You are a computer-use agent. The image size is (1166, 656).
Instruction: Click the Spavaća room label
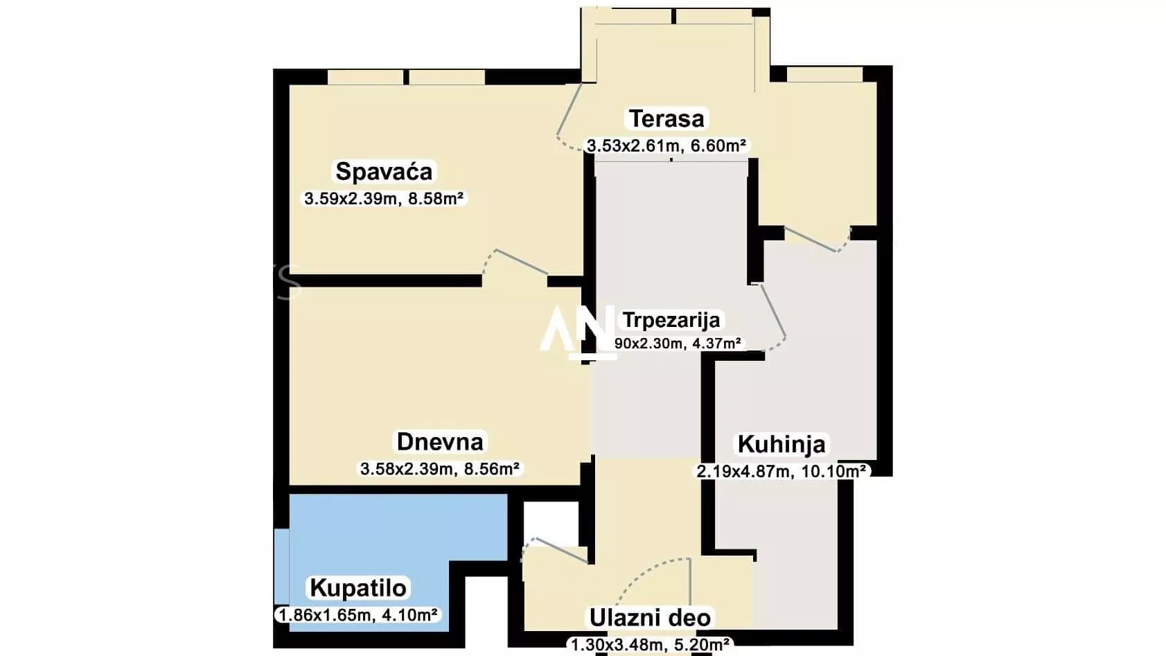(384, 171)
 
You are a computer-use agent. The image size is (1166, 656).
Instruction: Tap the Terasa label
(666, 118)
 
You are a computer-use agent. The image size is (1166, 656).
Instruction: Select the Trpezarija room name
(671, 320)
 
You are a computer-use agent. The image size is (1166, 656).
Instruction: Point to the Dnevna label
(440, 441)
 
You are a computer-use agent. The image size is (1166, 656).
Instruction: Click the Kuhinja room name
(781, 444)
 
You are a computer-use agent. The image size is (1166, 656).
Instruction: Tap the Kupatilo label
(357, 588)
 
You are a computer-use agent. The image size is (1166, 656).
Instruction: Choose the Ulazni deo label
(650, 617)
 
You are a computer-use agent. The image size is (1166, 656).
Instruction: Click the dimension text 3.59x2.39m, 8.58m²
(384, 199)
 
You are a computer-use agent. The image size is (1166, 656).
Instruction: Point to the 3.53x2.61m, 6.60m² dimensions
(666, 145)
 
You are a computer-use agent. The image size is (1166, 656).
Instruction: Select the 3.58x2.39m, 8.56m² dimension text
(440, 469)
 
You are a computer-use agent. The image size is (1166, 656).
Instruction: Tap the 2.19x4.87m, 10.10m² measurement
(781, 472)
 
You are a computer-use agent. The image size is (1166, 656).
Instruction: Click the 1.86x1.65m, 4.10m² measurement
(357, 615)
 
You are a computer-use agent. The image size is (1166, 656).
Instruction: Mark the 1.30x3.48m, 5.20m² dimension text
(650, 645)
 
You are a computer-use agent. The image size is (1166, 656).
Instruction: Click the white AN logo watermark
(577, 331)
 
